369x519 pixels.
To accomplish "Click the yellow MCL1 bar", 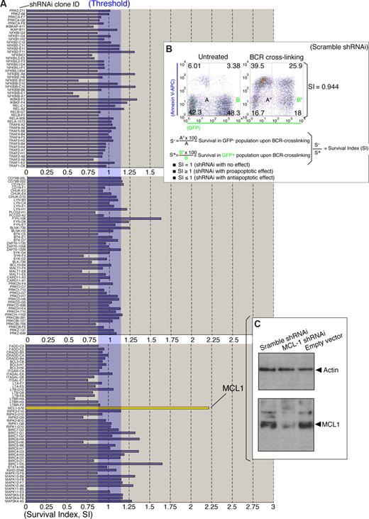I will point(128,408).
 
